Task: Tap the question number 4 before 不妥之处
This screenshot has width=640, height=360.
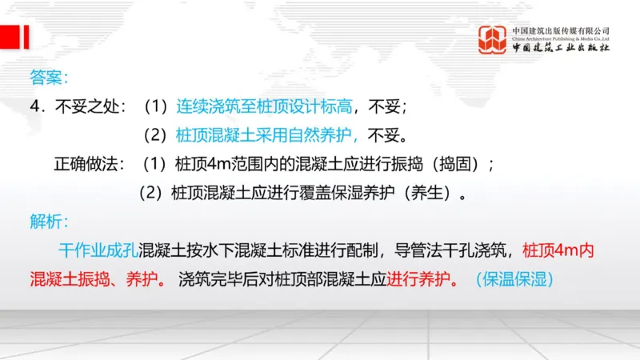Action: click(34, 106)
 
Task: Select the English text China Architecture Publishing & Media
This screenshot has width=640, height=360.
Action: click(562, 38)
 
